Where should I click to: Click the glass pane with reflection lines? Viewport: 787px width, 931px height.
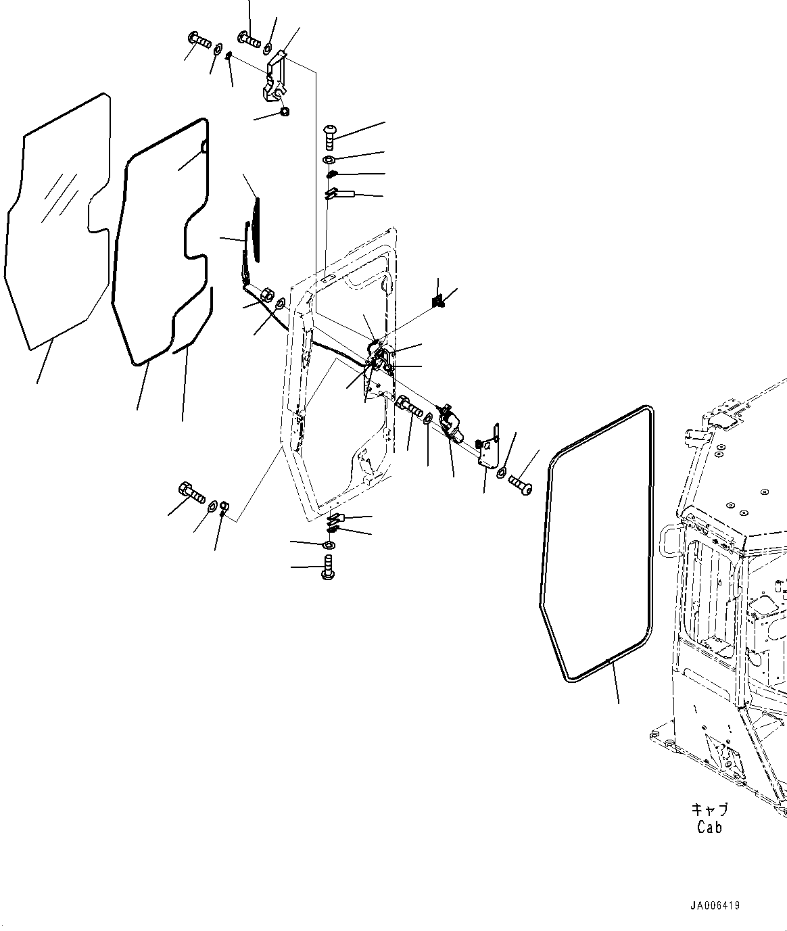point(57,223)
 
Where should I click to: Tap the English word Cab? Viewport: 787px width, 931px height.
point(709,827)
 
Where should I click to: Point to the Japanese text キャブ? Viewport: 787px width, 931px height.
point(709,809)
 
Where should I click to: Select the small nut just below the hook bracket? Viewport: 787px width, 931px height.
point(284,112)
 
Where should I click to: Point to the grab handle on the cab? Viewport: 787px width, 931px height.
point(665,541)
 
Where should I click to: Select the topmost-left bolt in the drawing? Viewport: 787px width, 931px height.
point(198,40)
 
